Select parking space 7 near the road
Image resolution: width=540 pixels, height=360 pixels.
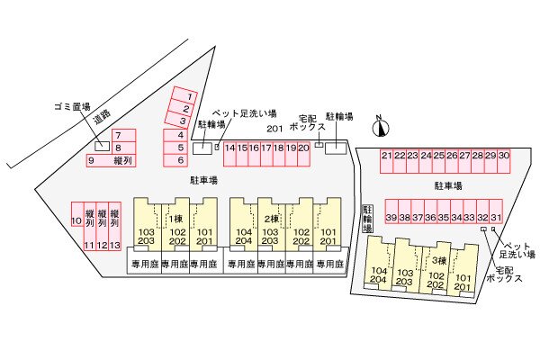[117, 135]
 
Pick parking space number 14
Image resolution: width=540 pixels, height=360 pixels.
[229, 148]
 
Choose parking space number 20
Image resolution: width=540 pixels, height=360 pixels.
[304, 148]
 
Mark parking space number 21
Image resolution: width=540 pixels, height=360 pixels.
[386, 156]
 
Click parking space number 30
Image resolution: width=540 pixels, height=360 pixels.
[504, 156]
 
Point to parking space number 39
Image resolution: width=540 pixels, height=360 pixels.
[391, 218]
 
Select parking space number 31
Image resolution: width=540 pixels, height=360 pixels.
[496, 218]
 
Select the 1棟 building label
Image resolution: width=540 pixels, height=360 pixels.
[175, 220]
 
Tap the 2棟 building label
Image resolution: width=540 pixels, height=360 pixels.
[271, 220]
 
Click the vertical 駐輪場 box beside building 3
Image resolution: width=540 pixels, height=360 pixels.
[367, 219]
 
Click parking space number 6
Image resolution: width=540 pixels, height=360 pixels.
[180, 160]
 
